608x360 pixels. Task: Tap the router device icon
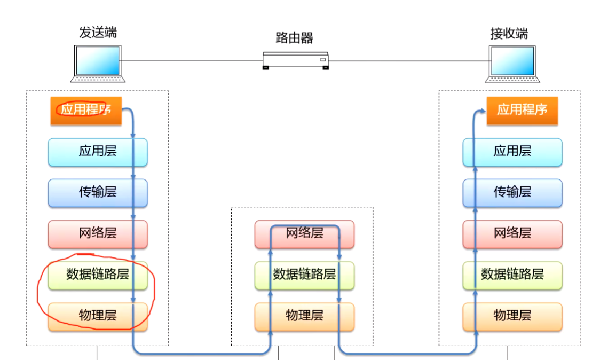295,60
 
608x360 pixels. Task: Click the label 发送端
98,33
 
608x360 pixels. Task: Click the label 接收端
509,33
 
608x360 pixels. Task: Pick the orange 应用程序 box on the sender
86,111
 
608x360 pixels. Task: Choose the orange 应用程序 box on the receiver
522,111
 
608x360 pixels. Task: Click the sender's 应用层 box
98,152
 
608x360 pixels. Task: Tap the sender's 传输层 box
98,192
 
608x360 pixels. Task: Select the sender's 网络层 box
98,233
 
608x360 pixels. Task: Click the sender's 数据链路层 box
98,275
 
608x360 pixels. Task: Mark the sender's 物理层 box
98,316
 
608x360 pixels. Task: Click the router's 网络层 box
304,233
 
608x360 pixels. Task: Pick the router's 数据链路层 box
304,275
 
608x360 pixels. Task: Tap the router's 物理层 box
304,316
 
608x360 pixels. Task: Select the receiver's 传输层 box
512,192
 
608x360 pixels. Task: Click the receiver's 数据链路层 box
512,275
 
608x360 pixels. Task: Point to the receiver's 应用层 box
512,152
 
